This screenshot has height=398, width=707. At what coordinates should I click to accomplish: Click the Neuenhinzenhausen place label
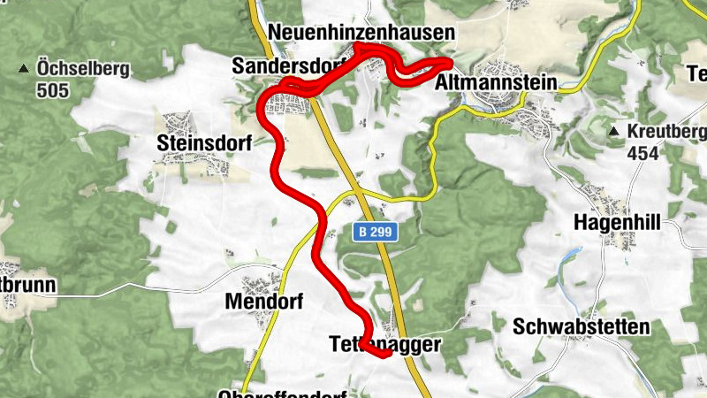(x=361, y=33)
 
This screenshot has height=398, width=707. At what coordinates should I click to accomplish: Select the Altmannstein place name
(x=497, y=83)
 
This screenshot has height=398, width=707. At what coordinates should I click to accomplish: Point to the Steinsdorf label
(x=204, y=143)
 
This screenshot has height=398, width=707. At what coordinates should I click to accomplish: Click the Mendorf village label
(x=264, y=302)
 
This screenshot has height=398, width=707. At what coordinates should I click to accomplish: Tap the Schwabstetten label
(x=582, y=326)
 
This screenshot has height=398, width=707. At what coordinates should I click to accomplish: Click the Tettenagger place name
(x=384, y=343)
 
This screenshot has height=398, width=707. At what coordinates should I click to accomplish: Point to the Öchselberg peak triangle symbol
(x=24, y=68)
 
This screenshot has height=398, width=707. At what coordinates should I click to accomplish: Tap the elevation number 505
(x=52, y=89)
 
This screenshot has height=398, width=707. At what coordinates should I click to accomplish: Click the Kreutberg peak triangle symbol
(x=613, y=132)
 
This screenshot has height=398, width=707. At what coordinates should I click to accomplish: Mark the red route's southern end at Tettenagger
(x=387, y=355)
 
